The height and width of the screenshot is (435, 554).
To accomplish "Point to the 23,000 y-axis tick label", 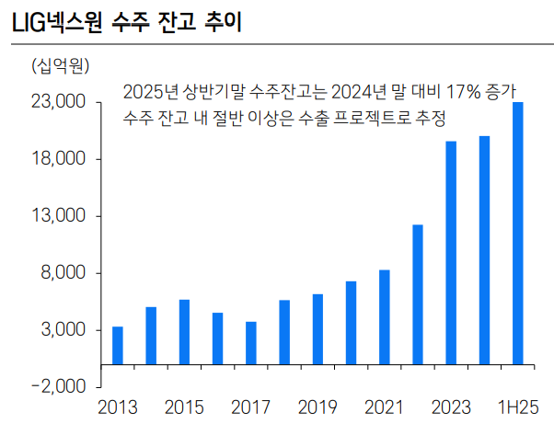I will [x=58, y=102].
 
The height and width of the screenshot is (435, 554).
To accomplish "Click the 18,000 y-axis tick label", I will [x=58, y=159].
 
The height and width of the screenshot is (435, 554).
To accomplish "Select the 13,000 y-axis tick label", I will [x=58, y=216].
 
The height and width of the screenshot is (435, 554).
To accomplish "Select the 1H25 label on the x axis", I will [x=518, y=407].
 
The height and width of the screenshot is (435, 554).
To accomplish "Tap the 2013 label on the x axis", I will [x=117, y=407].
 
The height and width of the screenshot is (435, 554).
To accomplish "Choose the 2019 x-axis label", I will [x=317, y=407].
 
